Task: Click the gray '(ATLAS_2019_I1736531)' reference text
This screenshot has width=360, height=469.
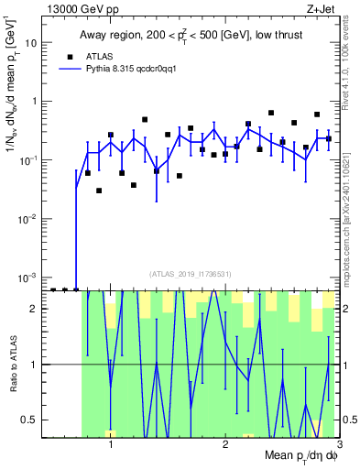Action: [190, 274]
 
